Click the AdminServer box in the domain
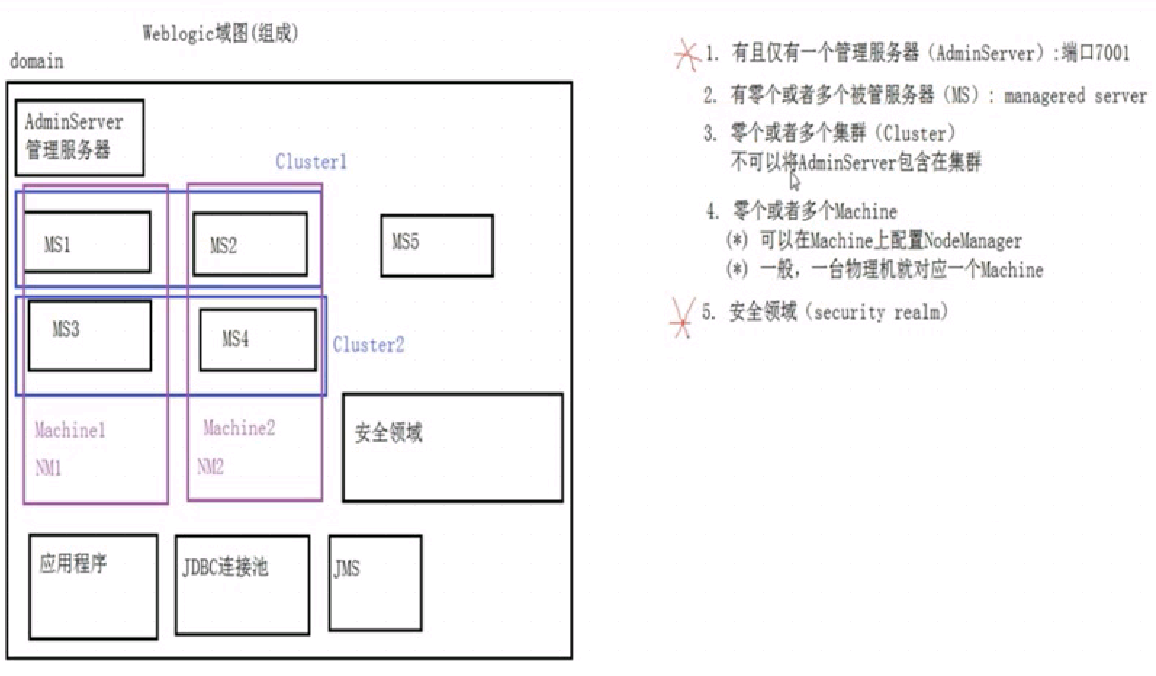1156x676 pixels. click(x=79, y=137)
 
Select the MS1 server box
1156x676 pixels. click(x=87, y=243)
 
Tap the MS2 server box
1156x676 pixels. click(x=250, y=245)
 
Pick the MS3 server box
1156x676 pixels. click(x=90, y=335)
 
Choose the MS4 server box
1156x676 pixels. click(x=258, y=340)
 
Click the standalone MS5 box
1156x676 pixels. click(x=437, y=245)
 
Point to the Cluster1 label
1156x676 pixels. click(x=311, y=161)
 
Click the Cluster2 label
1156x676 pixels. click(x=368, y=344)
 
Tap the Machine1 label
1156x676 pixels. click(x=70, y=430)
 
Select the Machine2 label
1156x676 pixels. click(x=239, y=428)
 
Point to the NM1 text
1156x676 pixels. click(x=48, y=467)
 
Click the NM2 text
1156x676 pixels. click(x=210, y=465)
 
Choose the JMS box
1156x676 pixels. click(x=374, y=582)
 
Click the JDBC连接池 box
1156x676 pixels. click(x=242, y=585)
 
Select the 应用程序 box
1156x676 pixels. click(x=93, y=586)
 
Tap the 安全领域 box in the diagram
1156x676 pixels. click(x=452, y=447)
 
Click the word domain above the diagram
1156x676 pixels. click(x=36, y=61)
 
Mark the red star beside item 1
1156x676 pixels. click(x=686, y=54)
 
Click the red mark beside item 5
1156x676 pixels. click(x=682, y=318)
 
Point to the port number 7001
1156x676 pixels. click(x=1112, y=52)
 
